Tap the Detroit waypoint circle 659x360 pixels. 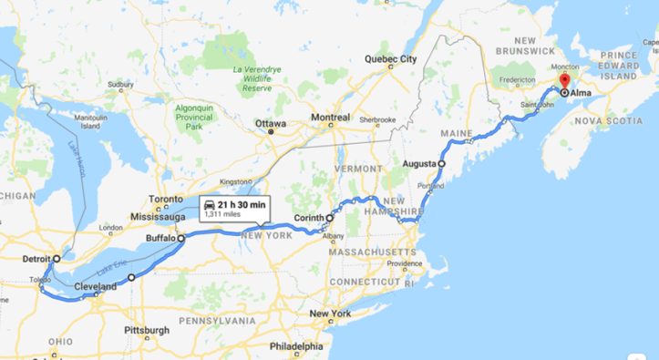(x=57, y=259)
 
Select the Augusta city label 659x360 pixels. (x=418, y=164)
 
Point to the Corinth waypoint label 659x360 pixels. (x=310, y=218)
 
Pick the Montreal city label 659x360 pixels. (x=330, y=118)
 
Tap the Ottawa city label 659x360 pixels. (x=271, y=123)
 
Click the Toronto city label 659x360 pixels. (x=167, y=199)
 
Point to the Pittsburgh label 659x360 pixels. (x=146, y=330)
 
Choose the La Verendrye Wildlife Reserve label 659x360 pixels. (x=257, y=79)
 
